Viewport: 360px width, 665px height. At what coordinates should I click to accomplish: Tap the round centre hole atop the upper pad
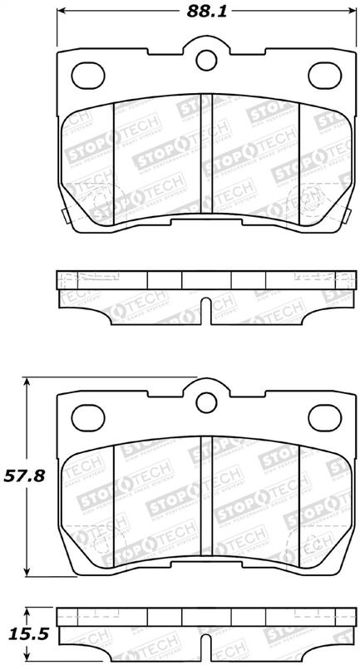click(x=205, y=60)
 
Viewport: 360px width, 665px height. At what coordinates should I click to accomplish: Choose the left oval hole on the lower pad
click(x=87, y=412)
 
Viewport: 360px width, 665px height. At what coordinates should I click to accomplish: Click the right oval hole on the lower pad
click(x=324, y=412)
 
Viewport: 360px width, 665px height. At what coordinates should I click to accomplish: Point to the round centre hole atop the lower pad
click(x=205, y=401)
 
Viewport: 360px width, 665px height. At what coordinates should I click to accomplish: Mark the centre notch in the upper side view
click(x=205, y=312)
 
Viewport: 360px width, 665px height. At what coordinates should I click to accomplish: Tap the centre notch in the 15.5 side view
click(x=205, y=653)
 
